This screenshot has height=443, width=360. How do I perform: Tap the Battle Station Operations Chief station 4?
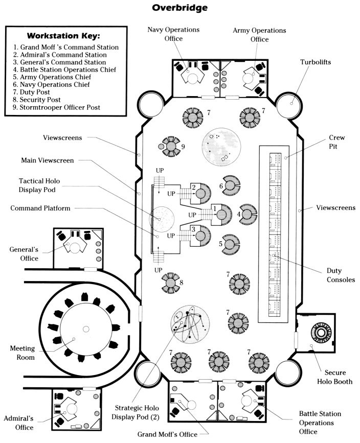point(249,213)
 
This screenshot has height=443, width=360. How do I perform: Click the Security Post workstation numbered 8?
point(171,283)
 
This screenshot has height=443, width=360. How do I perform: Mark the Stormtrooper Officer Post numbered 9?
point(171,147)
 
